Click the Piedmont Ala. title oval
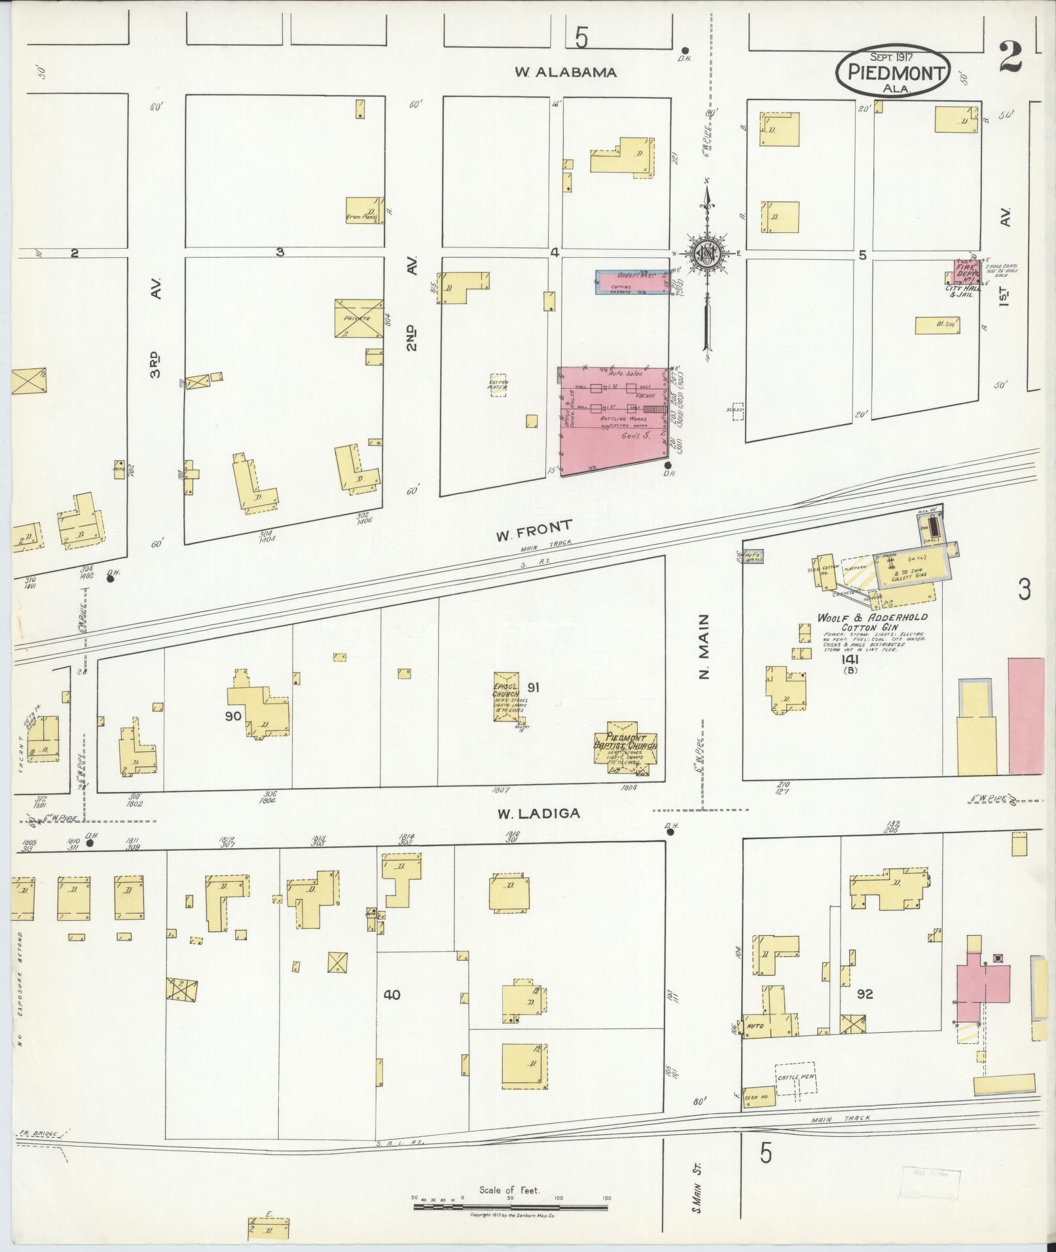pyautogui.click(x=893, y=72)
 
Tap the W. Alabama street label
pyautogui.click(x=565, y=73)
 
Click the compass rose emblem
pyautogui.click(x=706, y=251)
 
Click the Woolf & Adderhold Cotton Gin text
pyautogui.click(x=871, y=622)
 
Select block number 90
pyautogui.click(x=234, y=716)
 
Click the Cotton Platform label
pyautogui.click(x=499, y=384)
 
